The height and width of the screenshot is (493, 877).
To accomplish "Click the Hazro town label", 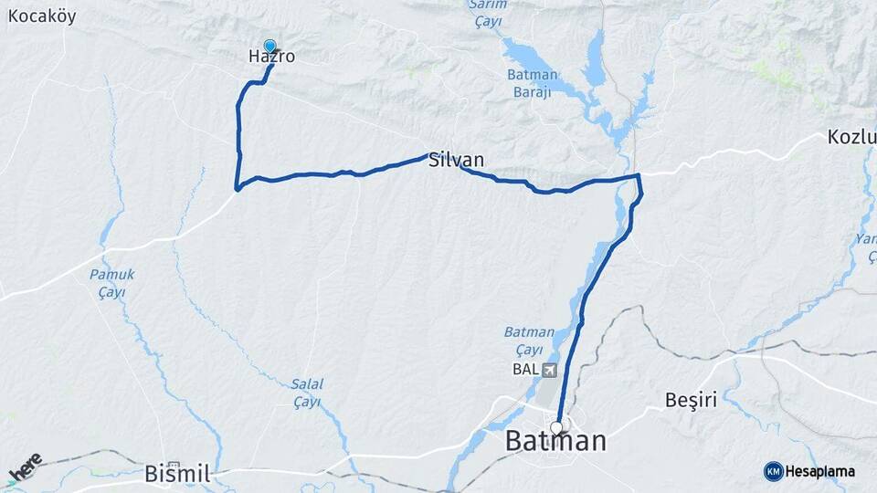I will tap(271, 57).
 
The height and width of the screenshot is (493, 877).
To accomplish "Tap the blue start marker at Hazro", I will tap(269, 45).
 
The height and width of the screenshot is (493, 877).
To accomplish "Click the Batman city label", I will tap(555, 442).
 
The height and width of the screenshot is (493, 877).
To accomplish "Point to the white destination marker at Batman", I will tap(556, 426).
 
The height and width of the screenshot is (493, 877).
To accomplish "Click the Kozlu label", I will tap(851, 138).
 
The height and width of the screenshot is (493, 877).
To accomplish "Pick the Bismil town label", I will tap(178, 474).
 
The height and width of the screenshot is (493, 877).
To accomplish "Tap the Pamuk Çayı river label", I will tap(111, 283).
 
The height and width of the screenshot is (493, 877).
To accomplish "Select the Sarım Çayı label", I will tap(487, 13).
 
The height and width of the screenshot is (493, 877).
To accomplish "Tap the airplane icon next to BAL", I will tap(548, 370).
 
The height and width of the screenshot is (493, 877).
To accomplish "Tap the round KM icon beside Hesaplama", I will tap(773, 471).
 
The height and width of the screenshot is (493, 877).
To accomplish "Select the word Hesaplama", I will tap(819, 471).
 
